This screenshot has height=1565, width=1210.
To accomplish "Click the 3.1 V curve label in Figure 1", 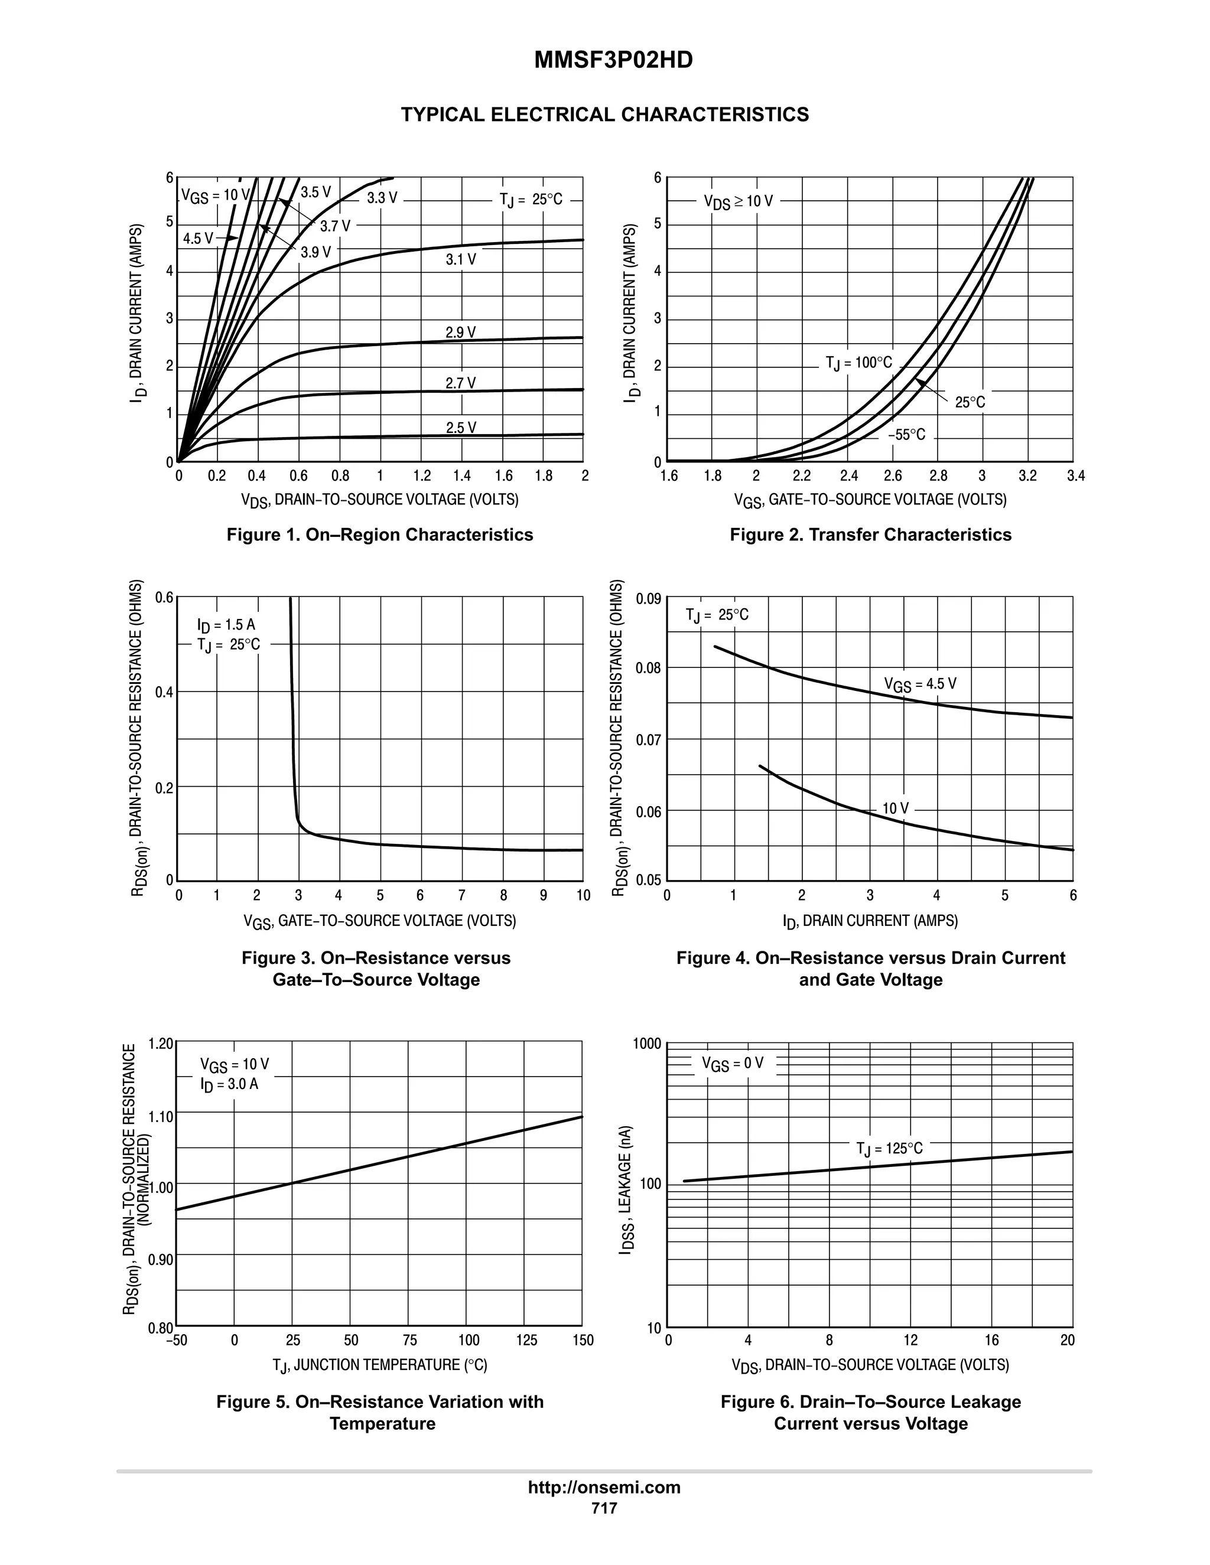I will point(460,259).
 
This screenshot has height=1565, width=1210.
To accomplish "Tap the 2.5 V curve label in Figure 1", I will point(460,428).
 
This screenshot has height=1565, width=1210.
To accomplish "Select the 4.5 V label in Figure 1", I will point(197,239).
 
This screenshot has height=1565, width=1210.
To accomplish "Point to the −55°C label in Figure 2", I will point(906,435).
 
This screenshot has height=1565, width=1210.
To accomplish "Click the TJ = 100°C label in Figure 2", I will point(858,363).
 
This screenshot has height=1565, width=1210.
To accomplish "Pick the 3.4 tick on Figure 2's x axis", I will point(1075,477).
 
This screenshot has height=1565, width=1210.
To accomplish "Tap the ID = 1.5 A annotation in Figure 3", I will point(226,625).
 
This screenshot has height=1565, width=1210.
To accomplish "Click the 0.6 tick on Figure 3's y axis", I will point(164,598).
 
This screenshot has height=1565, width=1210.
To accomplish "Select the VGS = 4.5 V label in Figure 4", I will point(920,684).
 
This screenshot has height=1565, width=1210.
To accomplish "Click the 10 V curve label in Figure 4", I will point(895,808).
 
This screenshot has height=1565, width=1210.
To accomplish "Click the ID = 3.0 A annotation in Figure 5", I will point(229,1084).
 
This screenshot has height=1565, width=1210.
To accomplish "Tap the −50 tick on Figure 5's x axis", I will point(175,1340).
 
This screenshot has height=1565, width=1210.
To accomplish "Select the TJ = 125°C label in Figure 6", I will point(889,1149).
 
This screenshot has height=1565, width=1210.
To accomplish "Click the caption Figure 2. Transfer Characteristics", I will point(870,534).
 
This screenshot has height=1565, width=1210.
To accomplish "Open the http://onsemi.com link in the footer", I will point(604,1487).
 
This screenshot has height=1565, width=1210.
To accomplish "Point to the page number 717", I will point(604,1508).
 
